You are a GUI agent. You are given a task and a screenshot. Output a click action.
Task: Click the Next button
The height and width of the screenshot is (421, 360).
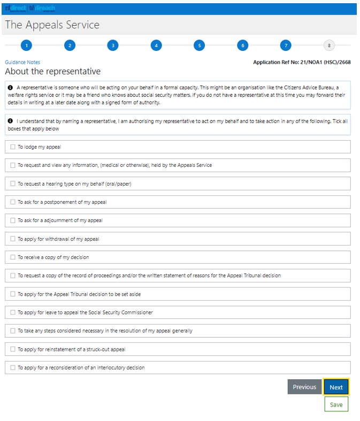pyautogui.click(x=336, y=387)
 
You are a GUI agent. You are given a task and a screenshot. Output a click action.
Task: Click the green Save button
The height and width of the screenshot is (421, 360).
pyautogui.click(x=336, y=404)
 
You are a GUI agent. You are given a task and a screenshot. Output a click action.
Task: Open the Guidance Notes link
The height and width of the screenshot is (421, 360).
pyautogui.click(x=22, y=62)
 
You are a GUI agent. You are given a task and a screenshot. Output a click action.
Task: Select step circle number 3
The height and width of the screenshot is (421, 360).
pyautogui.click(x=112, y=45)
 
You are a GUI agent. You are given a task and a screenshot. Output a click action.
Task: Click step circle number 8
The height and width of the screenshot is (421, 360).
pyautogui.click(x=328, y=45)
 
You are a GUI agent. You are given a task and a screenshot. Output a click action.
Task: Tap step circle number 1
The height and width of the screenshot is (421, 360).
pyautogui.click(x=26, y=45)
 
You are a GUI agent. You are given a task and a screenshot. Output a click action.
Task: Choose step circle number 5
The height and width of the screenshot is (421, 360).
pyautogui.click(x=199, y=45)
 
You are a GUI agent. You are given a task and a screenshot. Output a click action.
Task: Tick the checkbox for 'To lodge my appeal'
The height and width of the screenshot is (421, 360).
pyautogui.click(x=13, y=147)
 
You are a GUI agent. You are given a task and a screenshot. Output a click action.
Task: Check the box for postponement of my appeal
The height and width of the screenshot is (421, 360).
pyautogui.click(x=13, y=202)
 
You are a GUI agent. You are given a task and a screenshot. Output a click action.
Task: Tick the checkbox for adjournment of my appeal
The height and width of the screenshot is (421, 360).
pyautogui.click(x=13, y=220)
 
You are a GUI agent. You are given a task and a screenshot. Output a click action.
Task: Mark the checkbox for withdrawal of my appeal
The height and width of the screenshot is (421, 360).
pyautogui.click(x=13, y=239)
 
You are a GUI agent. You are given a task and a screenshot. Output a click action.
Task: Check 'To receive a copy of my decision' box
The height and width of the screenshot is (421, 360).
pyautogui.click(x=13, y=257)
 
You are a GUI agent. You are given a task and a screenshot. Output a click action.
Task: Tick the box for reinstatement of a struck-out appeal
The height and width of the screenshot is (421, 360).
pyautogui.click(x=13, y=349)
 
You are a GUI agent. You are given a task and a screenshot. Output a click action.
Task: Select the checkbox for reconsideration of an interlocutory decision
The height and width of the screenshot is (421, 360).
pyautogui.click(x=13, y=368)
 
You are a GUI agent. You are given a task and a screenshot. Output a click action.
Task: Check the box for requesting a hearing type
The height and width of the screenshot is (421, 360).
pyautogui.click(x=13, y=183)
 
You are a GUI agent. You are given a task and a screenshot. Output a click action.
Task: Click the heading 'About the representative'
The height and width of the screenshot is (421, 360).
pyautogui.click(x=52, y=72)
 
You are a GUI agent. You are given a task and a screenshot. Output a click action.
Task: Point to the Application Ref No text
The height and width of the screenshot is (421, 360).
pyautogui.click(x=302, y=63)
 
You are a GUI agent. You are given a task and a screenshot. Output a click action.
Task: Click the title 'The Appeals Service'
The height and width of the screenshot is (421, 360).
pyautogui.click(x=52, y=25)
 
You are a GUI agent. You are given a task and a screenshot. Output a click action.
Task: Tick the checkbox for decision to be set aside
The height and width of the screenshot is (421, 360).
pyautogui.click(x=13, y=294)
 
